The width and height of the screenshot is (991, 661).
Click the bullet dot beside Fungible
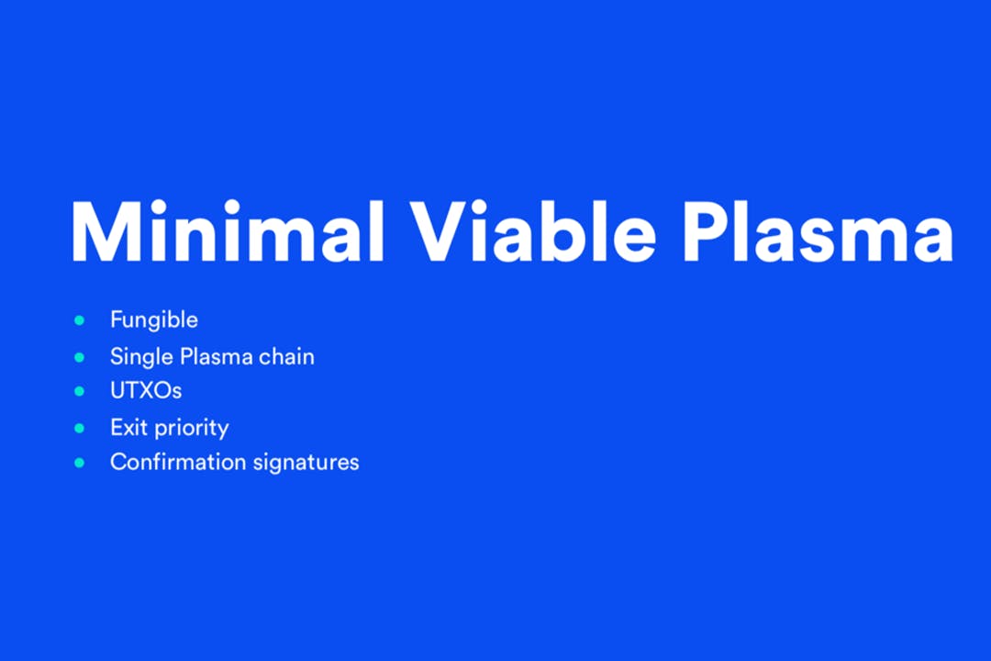tap(79, 320)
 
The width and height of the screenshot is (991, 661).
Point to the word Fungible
tap(153, 320)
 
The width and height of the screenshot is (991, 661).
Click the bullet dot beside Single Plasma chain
tap(79, 357)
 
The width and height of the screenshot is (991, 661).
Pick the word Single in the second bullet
tap(141, 357)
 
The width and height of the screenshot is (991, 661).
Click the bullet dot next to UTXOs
tap(79, 391)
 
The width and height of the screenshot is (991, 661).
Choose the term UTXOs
tap(146, 391)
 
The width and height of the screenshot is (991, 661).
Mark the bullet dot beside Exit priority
tap(79, 428)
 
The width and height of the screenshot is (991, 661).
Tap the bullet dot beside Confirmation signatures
tap(79, 463)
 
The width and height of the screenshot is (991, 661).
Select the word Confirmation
tap(178, 462)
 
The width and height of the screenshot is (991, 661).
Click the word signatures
tap(306, 463)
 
